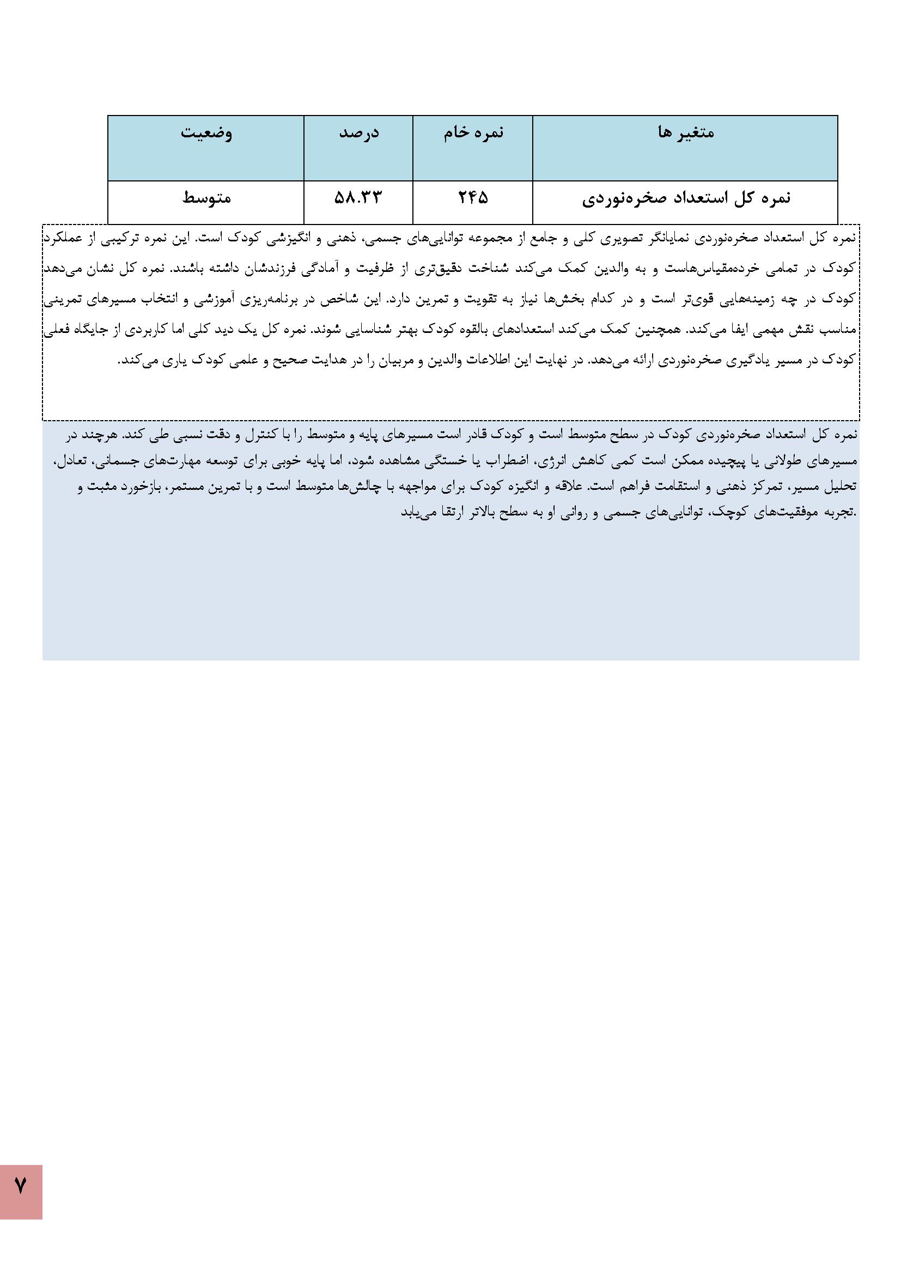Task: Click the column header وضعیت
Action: [x=206, y=133]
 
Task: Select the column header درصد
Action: [x=358, y=133]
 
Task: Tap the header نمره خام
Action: [x=473, y=133]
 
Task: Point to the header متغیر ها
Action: [x=685, y=133]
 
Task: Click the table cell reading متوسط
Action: [x=206, y=198]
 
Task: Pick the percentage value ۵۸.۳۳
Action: [x=358, y=198]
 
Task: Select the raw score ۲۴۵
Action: [x=473, y=198]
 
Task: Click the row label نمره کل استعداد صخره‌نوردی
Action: [x=686, y=198]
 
